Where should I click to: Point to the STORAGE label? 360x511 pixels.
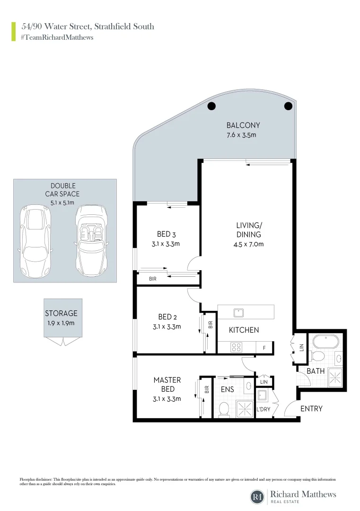point(61,313)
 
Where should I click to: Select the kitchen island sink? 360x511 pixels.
point(238,312)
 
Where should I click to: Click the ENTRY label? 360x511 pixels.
point(311,409)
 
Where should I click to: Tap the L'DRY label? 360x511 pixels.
point(263,409)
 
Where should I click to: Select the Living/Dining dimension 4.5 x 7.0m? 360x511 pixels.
point(249,245)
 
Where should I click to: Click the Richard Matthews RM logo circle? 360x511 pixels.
point(257,496)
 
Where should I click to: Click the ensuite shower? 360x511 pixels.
point(245,407)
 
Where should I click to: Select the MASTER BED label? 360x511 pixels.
point(167,384)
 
